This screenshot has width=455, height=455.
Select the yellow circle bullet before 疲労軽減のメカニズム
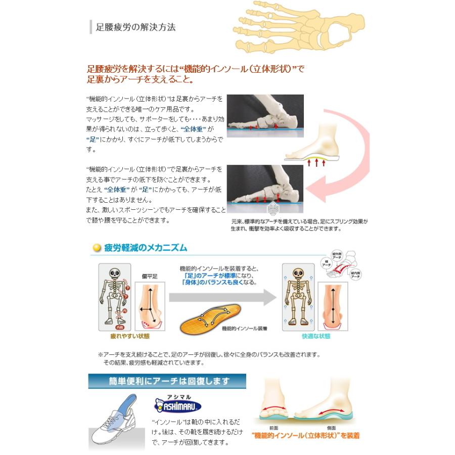coord(97,248)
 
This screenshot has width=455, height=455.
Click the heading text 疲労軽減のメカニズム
coord(145,248)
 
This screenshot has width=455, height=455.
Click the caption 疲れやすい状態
coord(129,336)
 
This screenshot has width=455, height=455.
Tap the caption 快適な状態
coord(313,336)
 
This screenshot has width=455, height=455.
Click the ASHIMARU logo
coord(177,405)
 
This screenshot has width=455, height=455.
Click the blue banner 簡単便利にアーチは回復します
coord(167,381)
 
